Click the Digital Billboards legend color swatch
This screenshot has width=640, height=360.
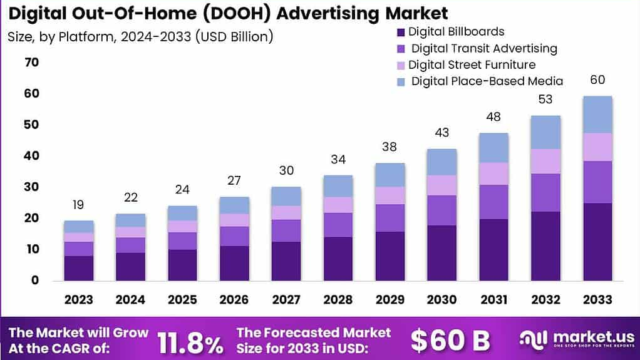tap(401, 31)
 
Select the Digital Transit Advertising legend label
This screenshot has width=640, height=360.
tap(483, 48)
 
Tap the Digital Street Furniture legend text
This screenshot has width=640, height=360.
tap(472, 64)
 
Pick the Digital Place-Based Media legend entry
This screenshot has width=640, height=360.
tap(487, 81)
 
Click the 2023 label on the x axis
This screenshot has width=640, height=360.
tap(79, 299)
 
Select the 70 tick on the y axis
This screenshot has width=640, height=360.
tap(31, 63)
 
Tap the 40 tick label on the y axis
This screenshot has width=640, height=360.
tap(31, 156)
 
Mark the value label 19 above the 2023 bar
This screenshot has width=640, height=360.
tap(79, 205)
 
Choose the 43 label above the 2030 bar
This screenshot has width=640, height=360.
tap(443, 133)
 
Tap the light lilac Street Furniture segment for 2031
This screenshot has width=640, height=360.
tap(493, 173)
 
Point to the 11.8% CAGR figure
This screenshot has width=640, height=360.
tap(190, 341)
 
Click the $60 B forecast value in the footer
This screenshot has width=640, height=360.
tap(450, 340)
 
